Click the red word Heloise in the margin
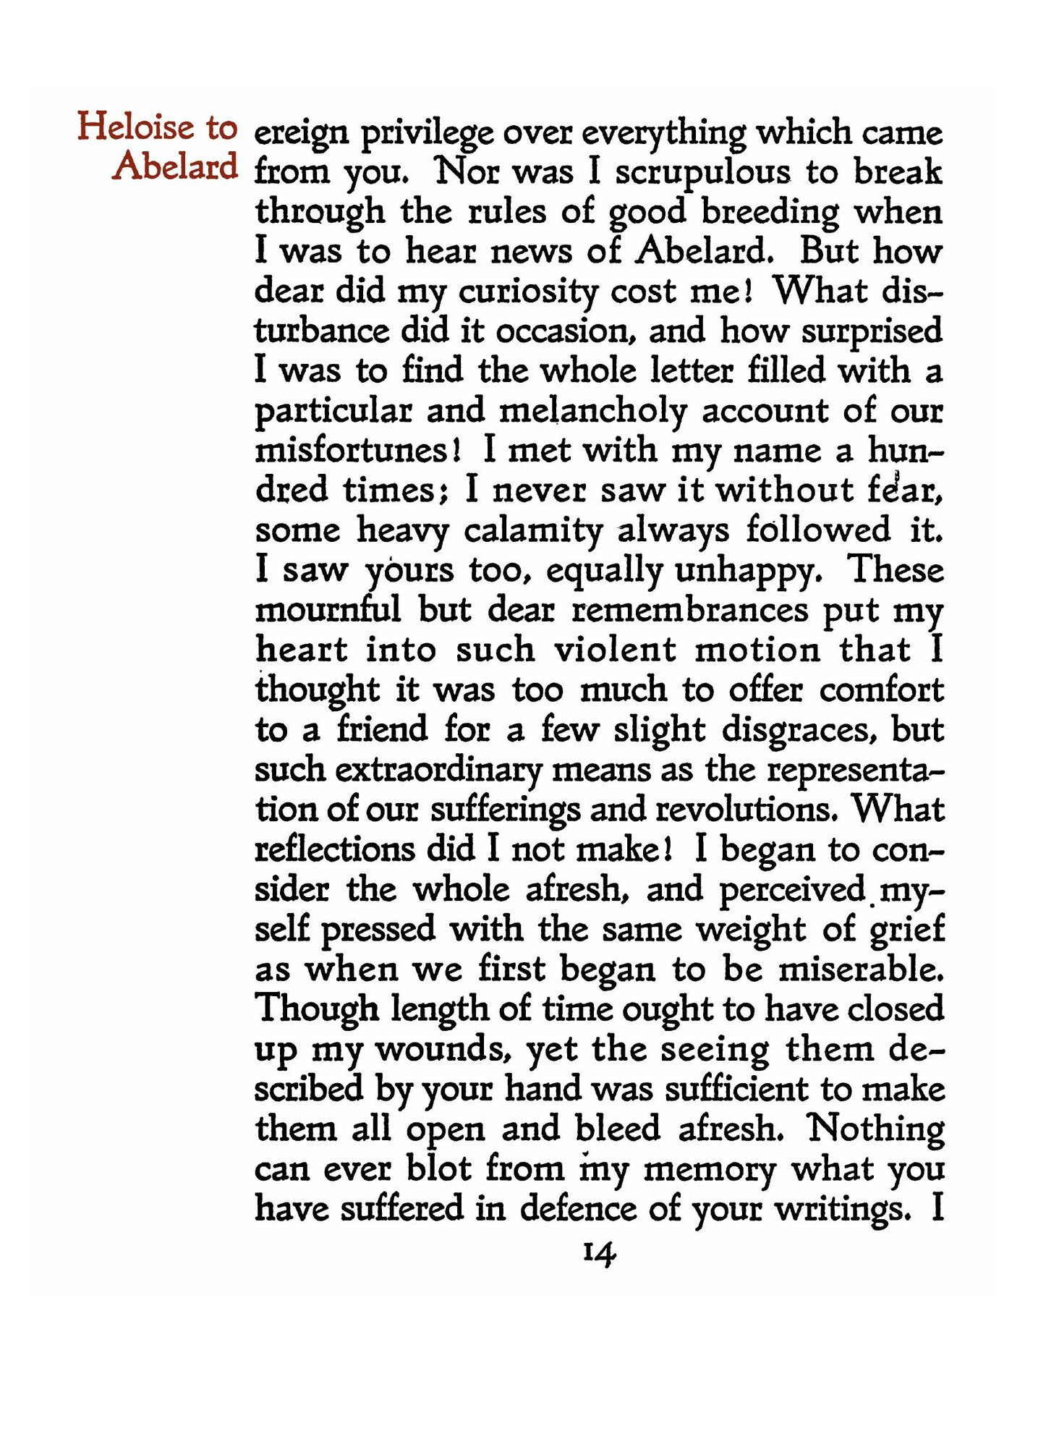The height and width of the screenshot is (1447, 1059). tap(136, 127)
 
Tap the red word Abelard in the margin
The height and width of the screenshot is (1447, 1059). tap(175, 166)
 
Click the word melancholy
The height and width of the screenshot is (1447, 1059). tap(592, 412)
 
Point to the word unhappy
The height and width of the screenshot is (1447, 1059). tap(746, 572)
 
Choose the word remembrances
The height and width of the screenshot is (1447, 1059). tap(689, 611)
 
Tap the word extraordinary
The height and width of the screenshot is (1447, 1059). tap(438, 770)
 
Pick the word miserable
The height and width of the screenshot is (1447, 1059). tap(860, 969)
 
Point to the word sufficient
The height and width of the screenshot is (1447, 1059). tap(735, 1089)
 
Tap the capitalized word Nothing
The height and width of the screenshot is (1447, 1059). tap(876, 1129)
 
